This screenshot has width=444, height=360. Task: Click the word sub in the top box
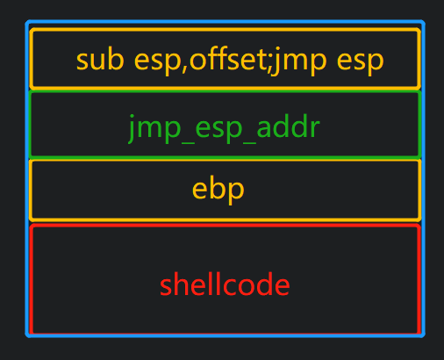click(x=100, y=60)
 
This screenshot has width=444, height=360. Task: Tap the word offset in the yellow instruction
click(x=230, y=59)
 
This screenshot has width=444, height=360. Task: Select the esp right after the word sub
click(x=157, y=63)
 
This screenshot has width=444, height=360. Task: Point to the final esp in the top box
click(x=360, y=63)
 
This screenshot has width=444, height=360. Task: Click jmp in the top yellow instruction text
click(x=298, y=61)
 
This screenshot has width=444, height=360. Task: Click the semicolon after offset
click(x=271, y=64)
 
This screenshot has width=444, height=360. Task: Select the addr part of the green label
click(x=288, y=126)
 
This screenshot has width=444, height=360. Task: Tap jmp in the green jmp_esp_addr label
click(x=155, y=129)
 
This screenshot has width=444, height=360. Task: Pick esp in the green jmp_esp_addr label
click(x=218, y=130)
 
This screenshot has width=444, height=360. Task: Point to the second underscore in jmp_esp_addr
click(x=249, y=143)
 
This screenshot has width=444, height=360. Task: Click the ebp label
click(x=218, y=190)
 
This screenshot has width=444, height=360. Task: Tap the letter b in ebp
click(x=218, y=188)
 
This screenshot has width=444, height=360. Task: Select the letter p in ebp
click(x=236, y=192)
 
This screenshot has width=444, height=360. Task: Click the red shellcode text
click(x=225, y=284)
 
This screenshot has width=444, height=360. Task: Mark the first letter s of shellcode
click(x=166, y=286)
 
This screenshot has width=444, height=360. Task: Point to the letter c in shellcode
click(x=230, y=286)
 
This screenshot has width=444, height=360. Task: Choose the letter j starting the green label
click(x=132, y=129)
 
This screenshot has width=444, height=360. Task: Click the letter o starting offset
click(x=198, y=61)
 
